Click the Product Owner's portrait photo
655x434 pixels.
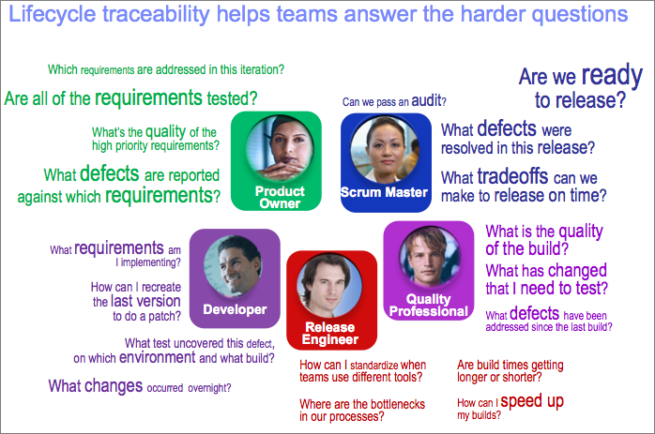(x=280, y=149)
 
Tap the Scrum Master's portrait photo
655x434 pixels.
(x=385, y=150)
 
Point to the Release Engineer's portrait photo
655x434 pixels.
(x=329, y=286)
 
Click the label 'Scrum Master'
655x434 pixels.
(x=384, y=192)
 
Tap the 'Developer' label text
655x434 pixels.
(x=235, y=309)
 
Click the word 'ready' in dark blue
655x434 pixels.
(x=612, y=76)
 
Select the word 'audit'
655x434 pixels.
(x=427, y=100)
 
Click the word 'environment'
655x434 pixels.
(x=157, y=358)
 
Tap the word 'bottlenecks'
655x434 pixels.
(x=395, y=404)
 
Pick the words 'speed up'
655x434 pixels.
(x=532, y=401)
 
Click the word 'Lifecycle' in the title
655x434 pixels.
(x=53, y=14)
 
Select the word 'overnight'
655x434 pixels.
(x=207, y=388)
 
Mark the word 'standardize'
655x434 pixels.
(x=373, y=366)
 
